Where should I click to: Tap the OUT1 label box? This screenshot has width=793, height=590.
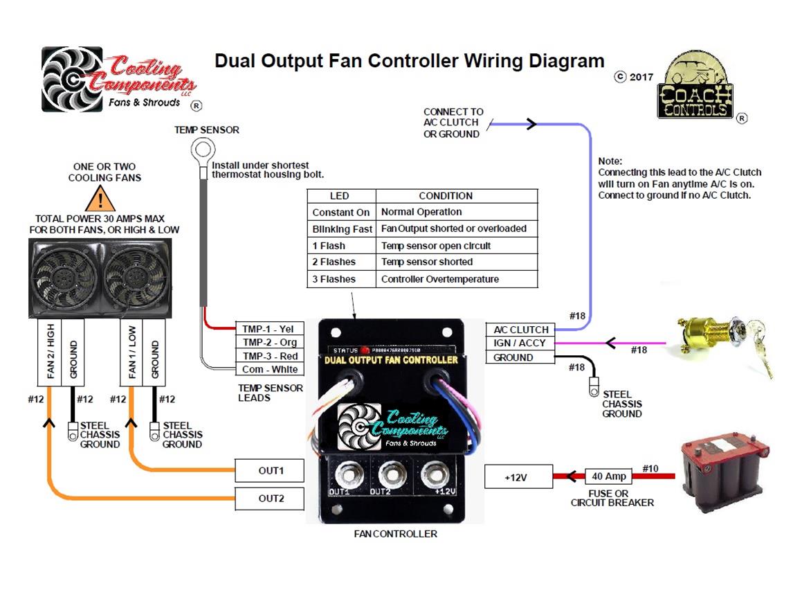pos(270,471)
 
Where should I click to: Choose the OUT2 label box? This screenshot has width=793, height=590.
pos(270,499)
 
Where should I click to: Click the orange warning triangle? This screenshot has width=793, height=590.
pos(100,199)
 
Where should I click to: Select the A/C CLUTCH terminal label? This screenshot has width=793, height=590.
pos(520,330)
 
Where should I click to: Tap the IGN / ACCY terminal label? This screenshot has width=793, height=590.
pos(520,343)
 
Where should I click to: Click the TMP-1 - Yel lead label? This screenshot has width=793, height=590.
pos(269,329)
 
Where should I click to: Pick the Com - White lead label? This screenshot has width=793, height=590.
pos(269,369)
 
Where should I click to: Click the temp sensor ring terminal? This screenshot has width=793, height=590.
pos(203,148)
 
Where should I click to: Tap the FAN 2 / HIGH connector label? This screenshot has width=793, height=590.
pos(50,352)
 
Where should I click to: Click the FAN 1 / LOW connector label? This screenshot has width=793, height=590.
pos(131,352)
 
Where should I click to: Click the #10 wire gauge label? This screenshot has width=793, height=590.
pos(650,469)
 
